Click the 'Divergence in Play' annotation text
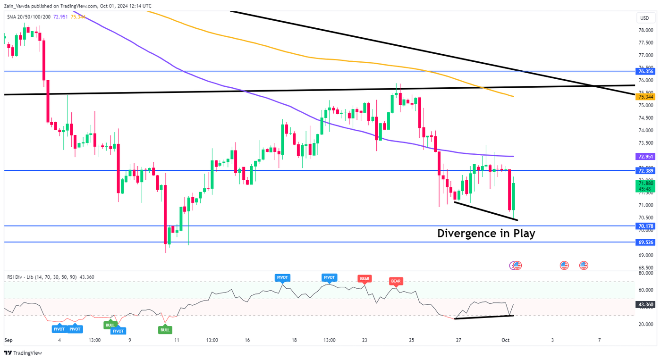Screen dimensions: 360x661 pyautogui.click(x=486, y=233)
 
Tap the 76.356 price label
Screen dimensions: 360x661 pyautogui.click(x=645, y=72)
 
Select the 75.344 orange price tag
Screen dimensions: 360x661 pyautogui.click(x=645, y=97)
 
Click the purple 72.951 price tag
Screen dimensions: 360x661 pyautogui.click(x=645, y=156)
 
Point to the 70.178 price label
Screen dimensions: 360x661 pyautogui.click(x=645, y=226)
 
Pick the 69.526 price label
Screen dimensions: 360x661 pyautogui.click(x=645, y=242)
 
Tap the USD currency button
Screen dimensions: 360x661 pyautogui.click(x=644, y=18)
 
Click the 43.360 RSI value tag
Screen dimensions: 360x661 pyautogui.click(x=645, y=305)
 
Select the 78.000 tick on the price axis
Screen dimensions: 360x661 pyautogui.click(x=646, y=30)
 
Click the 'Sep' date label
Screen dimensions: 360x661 pyautogui.click(x=9, y=340)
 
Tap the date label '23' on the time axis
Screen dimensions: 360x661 pyautogui.click(x=364, y=340)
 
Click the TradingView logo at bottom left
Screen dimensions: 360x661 pyautogui.click(x=23, y=353)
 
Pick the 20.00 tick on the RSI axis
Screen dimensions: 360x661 pyautogui.click(x=646, y=324)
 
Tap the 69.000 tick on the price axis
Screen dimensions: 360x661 pyautogui.click(x=646, y=256)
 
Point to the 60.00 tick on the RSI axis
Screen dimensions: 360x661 pyautogui.click(x=646, y=290)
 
